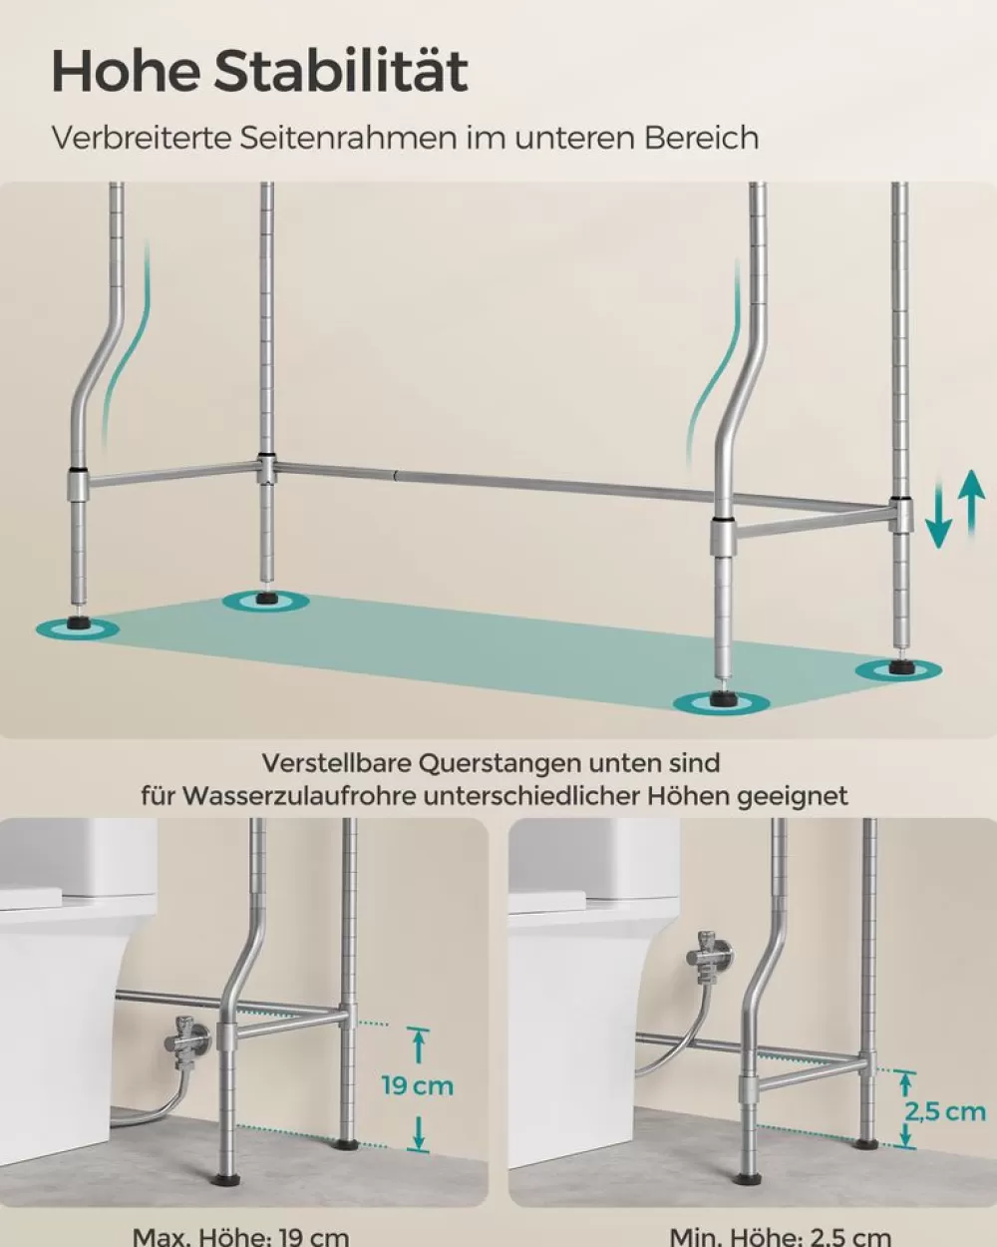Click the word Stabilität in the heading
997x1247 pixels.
click(x=342, y=72)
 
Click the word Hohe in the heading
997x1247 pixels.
click(x=126, y=72)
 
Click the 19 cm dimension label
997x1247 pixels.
click(x=417, y=1085)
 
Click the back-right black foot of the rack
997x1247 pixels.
click(x=900, y=666)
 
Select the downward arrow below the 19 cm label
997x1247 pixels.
click(x=420, y=1131)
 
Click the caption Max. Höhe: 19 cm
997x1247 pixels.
click(x=240, y=1237)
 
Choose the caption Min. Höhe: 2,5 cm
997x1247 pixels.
click(x=780, y=1237)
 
